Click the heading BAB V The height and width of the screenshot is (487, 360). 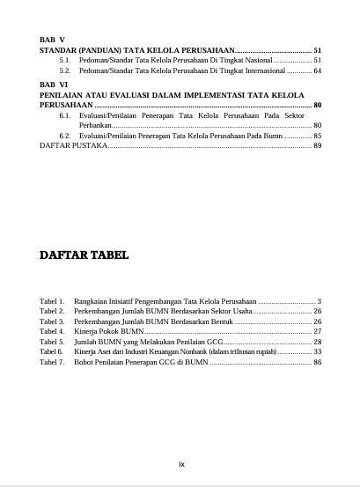pos(53,41)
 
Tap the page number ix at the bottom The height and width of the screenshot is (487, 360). pos(181,463)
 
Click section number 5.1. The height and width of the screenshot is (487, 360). pos(65,60)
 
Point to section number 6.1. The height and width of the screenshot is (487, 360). pos(65,115)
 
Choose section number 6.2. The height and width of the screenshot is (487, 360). pos(65,136)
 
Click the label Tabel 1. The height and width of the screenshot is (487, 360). pos(52,301)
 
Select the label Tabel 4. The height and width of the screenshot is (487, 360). pos(52,331)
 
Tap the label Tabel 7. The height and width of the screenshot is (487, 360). pos(52,361)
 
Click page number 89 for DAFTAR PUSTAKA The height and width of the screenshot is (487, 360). pos(318,145)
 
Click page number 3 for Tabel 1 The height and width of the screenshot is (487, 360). pos(320,301)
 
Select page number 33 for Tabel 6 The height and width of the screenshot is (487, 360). pos(318,351)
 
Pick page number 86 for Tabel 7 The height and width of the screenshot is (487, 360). pos(318,361)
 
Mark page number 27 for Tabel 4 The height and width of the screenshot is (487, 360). pos(318,331)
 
